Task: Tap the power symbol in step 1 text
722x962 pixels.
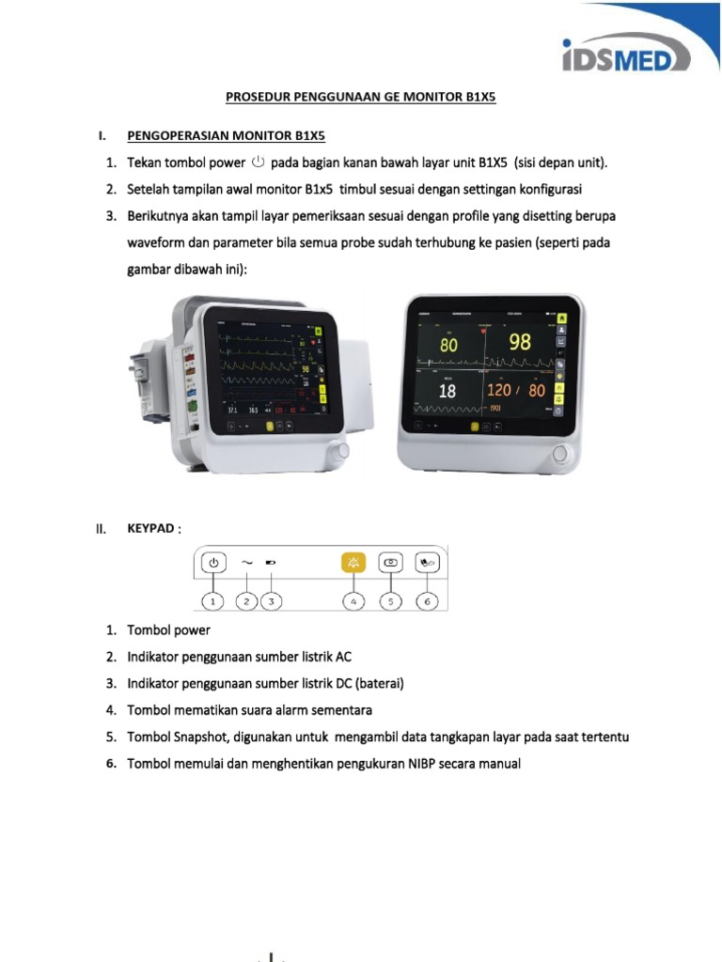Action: coord(259,163)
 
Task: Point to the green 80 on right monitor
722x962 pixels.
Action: coord(448,346)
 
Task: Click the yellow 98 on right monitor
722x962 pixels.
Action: coord(520,343)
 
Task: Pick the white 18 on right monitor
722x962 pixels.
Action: coord(447,391)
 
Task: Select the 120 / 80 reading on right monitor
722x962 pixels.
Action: coord(517,390)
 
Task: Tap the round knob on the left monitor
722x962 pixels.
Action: coord(343,451)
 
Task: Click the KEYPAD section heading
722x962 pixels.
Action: coord(150,529)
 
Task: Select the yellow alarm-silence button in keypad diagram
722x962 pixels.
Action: coord(353,563)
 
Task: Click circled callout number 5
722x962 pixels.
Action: coord(390,600)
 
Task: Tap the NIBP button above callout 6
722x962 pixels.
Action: coord(428,563)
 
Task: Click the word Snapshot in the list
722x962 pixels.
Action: coord(201,737)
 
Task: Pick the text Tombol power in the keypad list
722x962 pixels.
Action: coord(169,629)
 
